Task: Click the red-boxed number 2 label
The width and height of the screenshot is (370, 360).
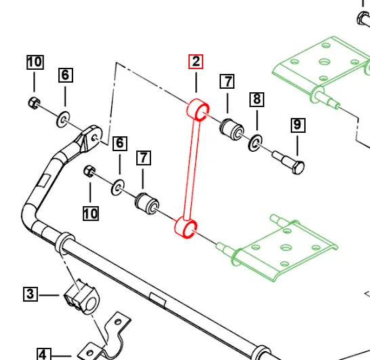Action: [195, 62]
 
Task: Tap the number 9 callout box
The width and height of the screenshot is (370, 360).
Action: [297, 125]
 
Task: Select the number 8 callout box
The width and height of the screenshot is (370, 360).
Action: [257, 100]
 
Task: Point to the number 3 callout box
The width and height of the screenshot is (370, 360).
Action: [30, 294]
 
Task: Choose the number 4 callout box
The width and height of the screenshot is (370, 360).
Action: [42, 354]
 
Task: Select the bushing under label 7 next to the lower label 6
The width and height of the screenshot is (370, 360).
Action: [146, 201]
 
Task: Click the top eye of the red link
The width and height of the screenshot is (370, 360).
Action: [197, 109]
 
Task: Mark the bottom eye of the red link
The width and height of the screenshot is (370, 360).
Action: [186, 228]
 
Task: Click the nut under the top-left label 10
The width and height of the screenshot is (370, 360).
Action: [34, 103]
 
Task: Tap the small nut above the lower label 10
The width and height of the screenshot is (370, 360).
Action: [89, 171]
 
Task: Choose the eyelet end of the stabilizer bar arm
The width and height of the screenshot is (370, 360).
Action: [91, 136]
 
